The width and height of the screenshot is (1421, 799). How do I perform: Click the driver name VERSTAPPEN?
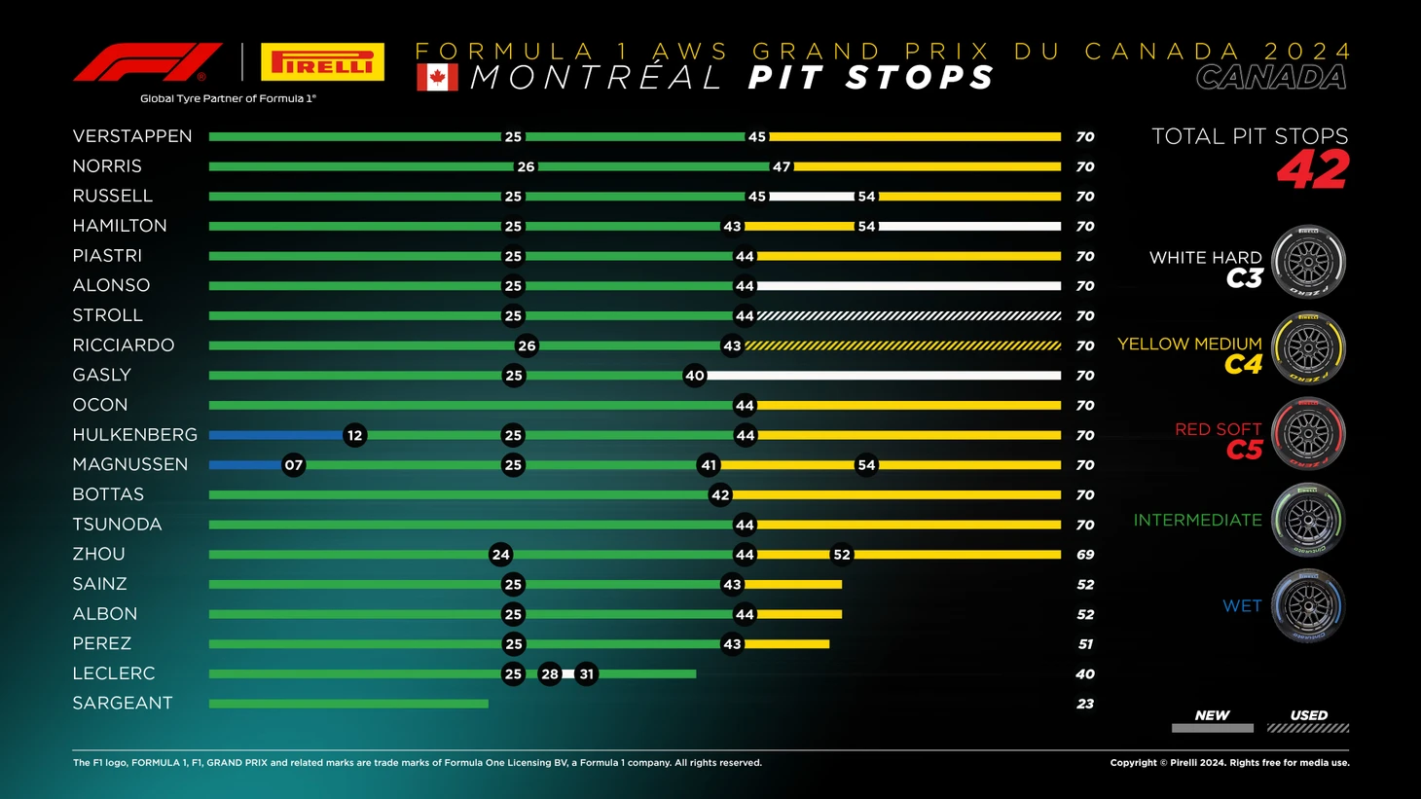[132, 136]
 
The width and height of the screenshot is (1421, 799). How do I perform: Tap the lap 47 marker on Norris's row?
[782, 166]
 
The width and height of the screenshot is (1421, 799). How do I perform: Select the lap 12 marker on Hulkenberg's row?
[354, 435]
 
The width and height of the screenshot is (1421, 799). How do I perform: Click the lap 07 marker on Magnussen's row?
[293, 465]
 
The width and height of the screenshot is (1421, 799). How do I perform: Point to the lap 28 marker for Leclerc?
[550, 673]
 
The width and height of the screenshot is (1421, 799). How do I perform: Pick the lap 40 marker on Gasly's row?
[694, 376]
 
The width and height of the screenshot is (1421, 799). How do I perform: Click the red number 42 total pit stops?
[1313, 170]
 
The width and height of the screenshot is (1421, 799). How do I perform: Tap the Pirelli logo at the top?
[322, 62]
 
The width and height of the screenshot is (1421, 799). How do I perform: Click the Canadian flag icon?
[437, 78]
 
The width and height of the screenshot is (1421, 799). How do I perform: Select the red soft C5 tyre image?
[1308, 434]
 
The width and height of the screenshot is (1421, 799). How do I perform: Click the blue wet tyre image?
[1308, 605]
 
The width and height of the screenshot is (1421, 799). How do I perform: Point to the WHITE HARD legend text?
[1205, 258]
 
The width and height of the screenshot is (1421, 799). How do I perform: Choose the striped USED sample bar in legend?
[1308, 728]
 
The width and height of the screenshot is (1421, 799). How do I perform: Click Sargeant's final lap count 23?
[1085, 704]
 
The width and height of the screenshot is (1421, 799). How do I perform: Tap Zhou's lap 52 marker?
[842, 555]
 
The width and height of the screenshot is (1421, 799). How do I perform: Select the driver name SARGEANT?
[123, 704]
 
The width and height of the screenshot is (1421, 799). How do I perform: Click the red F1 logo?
[147, 62]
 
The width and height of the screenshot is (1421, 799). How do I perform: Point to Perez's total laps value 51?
[1085, 644]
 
